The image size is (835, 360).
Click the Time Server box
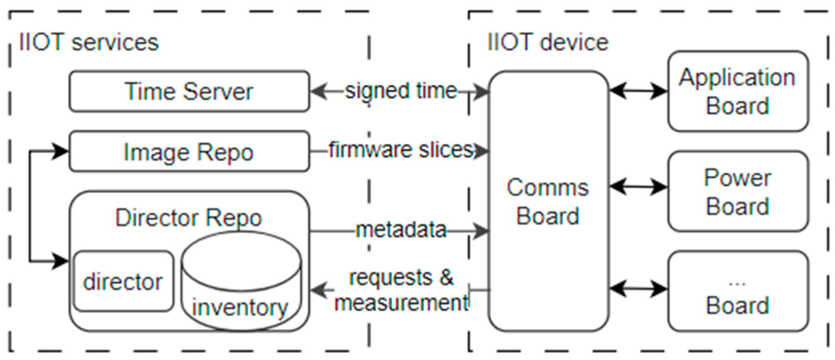189,91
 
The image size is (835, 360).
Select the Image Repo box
189,152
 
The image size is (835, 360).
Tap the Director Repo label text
188,217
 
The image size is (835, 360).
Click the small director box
123,281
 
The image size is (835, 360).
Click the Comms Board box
548,201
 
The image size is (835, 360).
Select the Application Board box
737,91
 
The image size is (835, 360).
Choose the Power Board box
737,191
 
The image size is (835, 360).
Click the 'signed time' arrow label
401,91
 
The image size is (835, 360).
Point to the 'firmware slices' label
401,150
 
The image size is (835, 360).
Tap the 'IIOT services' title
89,43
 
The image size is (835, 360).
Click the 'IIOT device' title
548,43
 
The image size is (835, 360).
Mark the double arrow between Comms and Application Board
638,91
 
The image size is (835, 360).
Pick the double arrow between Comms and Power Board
638,187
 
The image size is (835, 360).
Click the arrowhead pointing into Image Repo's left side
61,152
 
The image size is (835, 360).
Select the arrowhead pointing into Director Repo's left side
61,260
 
